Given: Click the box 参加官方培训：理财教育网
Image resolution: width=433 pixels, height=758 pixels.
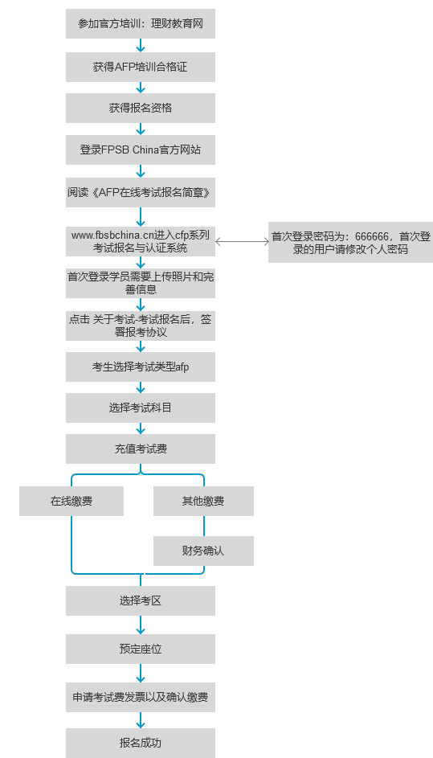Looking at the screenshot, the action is coord(140,23).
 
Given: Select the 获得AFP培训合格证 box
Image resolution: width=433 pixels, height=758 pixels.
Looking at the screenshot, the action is coord(140,68).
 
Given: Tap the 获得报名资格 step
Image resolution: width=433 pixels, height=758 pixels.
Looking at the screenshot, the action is coord(140,108).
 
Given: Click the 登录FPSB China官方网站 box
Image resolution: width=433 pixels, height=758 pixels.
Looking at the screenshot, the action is coord(140,150).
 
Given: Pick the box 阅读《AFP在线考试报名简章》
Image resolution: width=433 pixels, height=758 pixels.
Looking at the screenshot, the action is coord(140,192).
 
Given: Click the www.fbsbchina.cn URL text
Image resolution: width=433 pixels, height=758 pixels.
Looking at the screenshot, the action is coord(113,236).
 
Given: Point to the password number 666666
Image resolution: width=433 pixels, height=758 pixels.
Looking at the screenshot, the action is coord(372,237).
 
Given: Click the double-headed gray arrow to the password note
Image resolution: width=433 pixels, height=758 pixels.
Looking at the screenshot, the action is coord(242,242).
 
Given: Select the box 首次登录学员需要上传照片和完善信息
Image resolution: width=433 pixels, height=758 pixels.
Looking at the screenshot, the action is coord(140,283).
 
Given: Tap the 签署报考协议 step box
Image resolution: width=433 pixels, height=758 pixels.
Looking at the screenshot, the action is coord(140,326).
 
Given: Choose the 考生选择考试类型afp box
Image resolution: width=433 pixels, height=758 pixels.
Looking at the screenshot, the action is coord(140,367).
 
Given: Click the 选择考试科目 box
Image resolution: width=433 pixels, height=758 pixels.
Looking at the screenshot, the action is coord(140,408).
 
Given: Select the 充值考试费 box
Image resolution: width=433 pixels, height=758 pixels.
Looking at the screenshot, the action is coord(140,449).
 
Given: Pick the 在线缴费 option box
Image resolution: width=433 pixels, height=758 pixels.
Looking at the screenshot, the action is coord(71,502).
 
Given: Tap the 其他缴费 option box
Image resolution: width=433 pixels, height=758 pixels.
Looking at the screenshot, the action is coord(203,502).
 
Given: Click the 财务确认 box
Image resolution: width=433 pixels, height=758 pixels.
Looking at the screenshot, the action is coord(203,551).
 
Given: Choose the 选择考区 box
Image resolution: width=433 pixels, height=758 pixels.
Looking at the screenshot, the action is coord(140,601).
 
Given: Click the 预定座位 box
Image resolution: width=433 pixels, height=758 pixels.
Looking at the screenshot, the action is coord(140,649).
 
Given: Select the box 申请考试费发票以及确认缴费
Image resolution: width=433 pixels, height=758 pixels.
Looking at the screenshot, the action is coord(140,697).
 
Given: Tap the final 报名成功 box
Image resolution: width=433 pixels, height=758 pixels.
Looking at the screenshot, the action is coord(140,743).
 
